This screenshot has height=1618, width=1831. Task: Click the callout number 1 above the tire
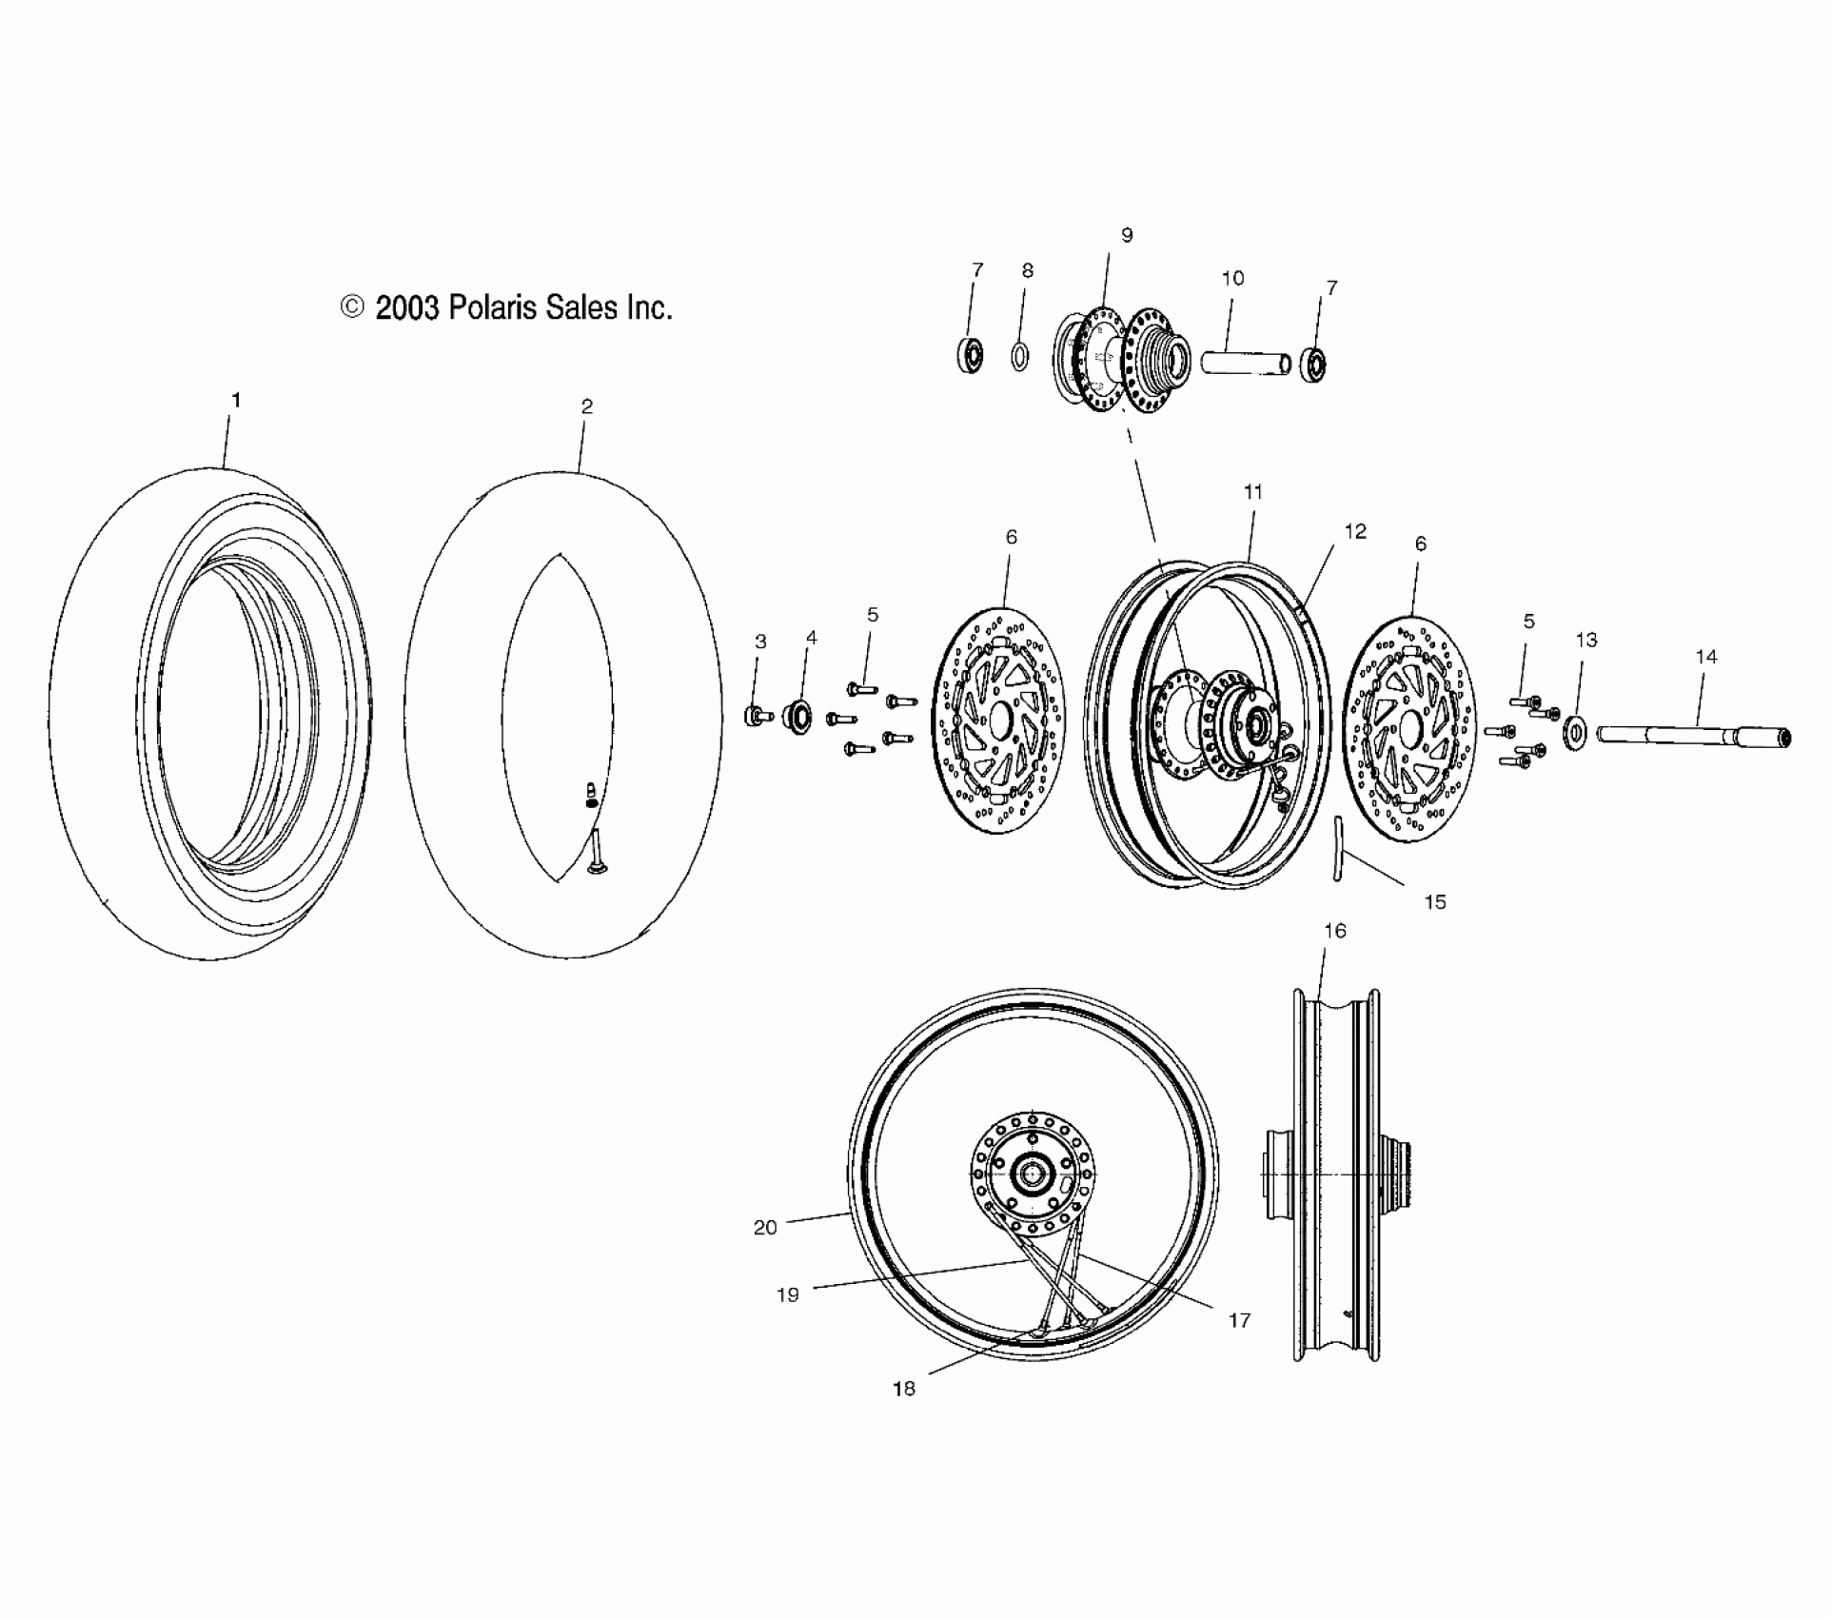(x=236, y=401)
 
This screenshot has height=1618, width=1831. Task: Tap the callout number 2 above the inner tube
(x=587, y=406)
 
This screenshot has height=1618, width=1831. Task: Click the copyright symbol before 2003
(x=352, y=307)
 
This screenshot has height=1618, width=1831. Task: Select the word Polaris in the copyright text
(x=494, y=307)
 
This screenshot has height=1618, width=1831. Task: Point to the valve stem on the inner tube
(x=597, y=849)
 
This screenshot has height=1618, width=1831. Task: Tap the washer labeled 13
(x=1576, y=732)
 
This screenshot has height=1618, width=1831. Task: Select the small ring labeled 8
(x=1019, y=357)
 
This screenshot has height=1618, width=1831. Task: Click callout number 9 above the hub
(x=1127, y=235)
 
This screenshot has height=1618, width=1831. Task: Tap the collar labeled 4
(x=797, y=716)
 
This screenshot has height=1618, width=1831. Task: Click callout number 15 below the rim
(x=1434, y=902)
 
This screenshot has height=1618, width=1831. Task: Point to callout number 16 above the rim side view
(x=1335, y=931)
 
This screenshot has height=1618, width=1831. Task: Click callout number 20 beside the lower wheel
(x=765, y=1228)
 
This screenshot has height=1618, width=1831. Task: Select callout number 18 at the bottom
(x=903, y=1389)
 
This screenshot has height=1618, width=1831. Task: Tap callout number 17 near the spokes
(x=1239, y=1320)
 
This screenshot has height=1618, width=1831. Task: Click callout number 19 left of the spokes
(x=788, y=1294)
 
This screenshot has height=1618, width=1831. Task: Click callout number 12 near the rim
(x=1355, y=531)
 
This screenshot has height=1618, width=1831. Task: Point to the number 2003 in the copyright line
(x=406, y=307)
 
